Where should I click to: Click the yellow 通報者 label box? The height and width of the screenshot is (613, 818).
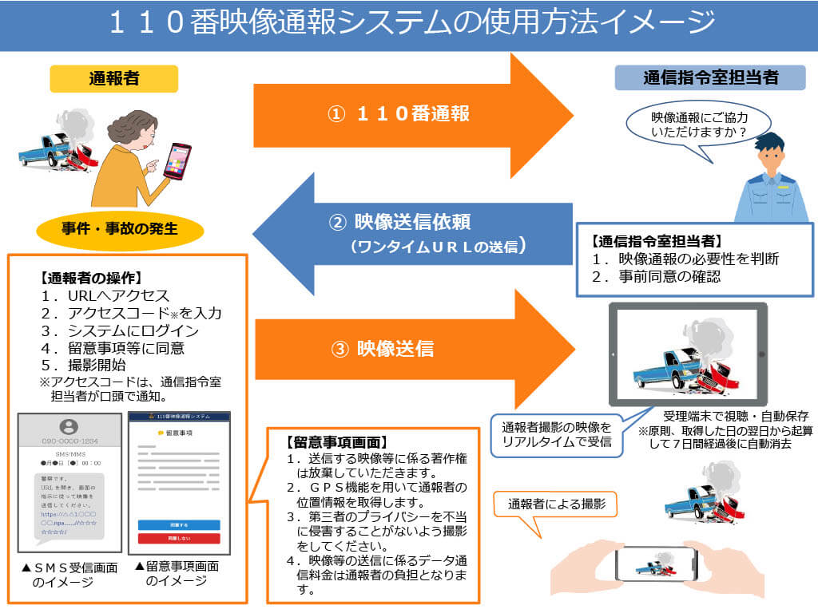113,78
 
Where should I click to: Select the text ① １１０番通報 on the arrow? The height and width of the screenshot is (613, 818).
399,114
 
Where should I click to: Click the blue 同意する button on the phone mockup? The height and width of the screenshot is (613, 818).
179,524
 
